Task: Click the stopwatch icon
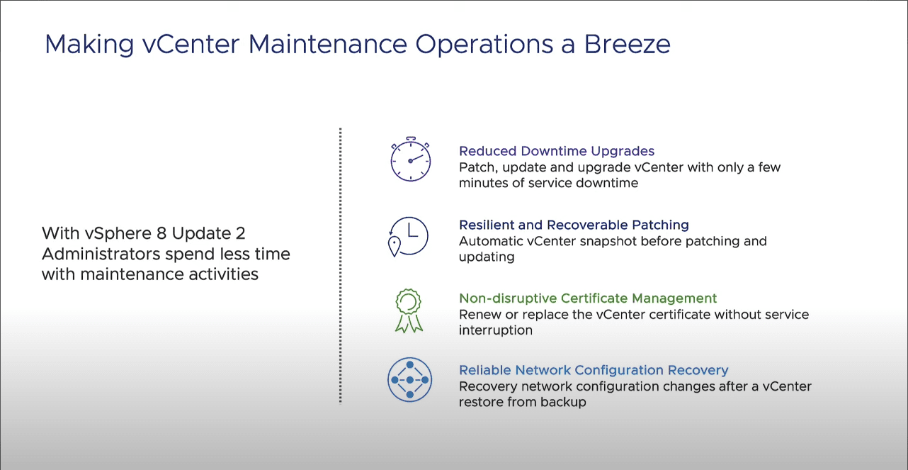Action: coord(410,159)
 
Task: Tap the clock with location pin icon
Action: coord(408,237)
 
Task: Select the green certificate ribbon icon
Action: coord(409,311)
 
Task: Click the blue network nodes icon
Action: coord(410,380)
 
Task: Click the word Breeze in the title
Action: coord(627,44)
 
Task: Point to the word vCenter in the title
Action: coord(191,44)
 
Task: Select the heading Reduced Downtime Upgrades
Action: coord(557,151)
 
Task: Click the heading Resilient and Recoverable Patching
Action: coord(574,225)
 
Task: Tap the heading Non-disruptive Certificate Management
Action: coord(588,298)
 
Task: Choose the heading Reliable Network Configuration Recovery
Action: coord(594,370)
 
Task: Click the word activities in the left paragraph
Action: coord(223,274)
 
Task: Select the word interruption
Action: coord(496,330)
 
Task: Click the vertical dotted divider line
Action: coord(341,266)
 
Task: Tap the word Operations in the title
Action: coord(484,45)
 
